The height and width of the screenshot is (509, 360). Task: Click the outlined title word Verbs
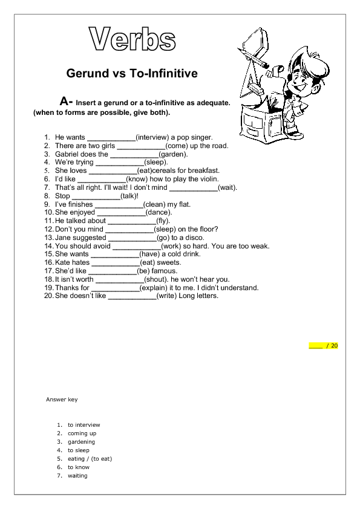coord(133,40)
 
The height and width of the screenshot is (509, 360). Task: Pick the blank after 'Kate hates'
coord(115,263)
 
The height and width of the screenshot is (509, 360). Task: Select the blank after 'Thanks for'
coord(115,288)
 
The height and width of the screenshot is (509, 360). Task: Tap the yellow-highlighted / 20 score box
coord(324,346)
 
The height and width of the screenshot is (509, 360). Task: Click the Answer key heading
coord(62,400)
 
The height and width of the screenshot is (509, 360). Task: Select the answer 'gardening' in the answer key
coord(81,442)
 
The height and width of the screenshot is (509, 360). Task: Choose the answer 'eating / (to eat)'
coord(90,459)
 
